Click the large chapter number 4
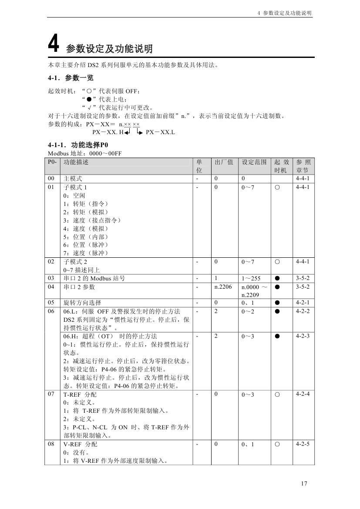53,44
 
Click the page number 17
304,483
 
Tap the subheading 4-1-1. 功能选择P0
78,145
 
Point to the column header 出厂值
224,162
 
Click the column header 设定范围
254,162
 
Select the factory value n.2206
223,287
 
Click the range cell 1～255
251,278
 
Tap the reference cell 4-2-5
302,444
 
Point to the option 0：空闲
73,196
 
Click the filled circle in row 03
277,278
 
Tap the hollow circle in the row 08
277,445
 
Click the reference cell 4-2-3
302,336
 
